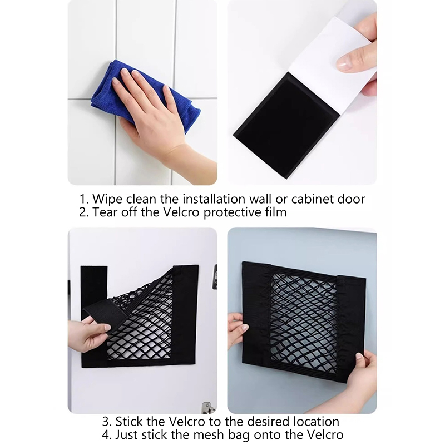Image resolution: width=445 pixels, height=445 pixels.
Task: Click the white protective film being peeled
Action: click(332, 65)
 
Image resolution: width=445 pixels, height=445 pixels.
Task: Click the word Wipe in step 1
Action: click(107, 199)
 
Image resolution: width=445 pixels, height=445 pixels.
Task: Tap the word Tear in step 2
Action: click(105, 212)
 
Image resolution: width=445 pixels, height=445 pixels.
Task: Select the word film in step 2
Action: click(275, 212)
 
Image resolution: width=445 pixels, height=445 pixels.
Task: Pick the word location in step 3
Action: click(316, 422)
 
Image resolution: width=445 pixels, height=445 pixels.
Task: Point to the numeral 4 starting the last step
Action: click(105, 435)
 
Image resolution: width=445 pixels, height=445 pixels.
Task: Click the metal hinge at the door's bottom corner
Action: click(208, 408)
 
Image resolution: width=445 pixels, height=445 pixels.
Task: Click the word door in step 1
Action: click(351, 199)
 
